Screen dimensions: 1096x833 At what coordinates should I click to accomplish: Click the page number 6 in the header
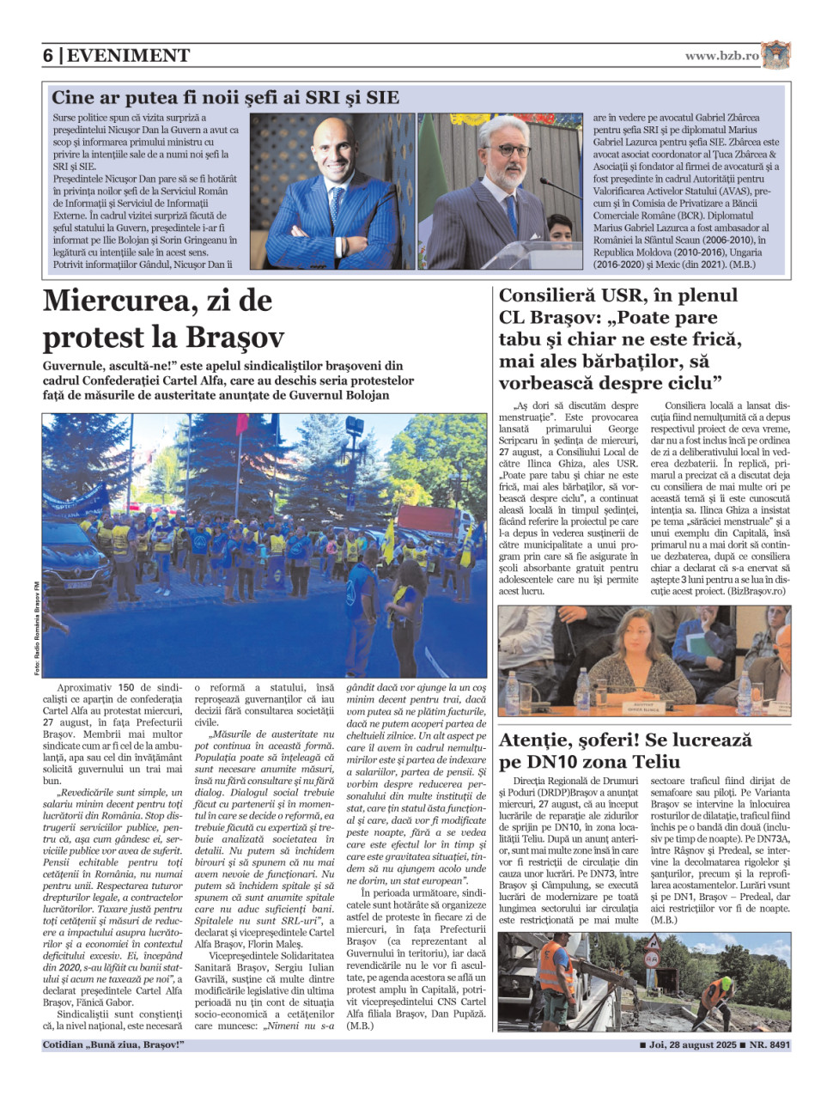click(48, 56)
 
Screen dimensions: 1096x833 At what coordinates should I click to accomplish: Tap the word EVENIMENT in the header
click(128, 56)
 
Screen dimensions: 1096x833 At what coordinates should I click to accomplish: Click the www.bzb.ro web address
click(721, 56)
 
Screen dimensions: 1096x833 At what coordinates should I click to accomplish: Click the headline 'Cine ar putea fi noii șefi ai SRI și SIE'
click(225, 97)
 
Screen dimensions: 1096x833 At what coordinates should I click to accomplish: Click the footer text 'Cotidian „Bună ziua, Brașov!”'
click(113, 1045)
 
